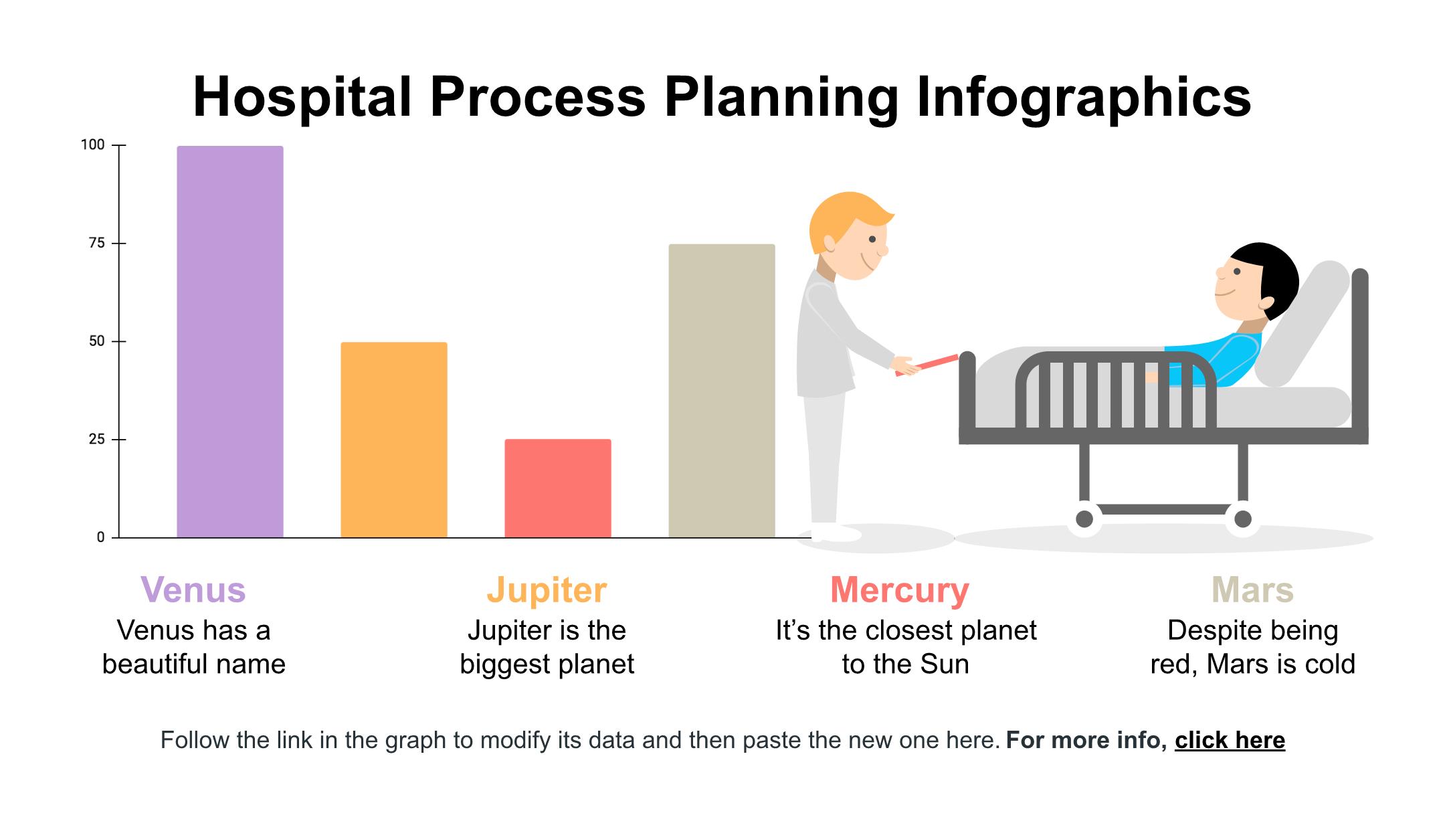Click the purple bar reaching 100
[230, 341]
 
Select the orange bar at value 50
[394, 440]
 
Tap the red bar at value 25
[558, 488]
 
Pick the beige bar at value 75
[722, 391]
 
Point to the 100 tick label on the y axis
[92, 145]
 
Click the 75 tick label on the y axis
[97, 244]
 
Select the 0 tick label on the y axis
[100, 537]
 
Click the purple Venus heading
[193, 590]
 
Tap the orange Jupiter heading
[547, 590]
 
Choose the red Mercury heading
[900, 590]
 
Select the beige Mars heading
[1252, 590]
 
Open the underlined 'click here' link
[1230, 740]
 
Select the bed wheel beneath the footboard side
[1084, 519]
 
